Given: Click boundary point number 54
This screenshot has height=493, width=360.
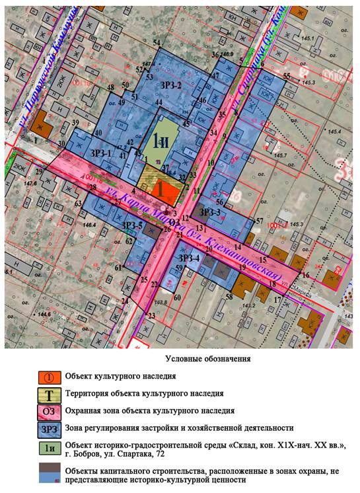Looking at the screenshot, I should coord(157,43).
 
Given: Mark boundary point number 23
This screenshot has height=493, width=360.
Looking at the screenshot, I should coord(151,316).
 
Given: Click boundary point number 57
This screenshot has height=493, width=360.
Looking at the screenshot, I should coord(260,221).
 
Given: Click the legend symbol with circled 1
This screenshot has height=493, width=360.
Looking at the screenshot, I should coord(50,377).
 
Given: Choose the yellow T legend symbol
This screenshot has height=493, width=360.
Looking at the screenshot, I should coord(50,394).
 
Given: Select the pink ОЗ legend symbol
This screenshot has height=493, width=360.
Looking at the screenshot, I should coord(50,411).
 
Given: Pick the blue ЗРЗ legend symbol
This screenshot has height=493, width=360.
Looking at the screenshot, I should coord(50,429).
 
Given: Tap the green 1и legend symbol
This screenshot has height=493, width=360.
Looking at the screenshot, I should coord(50,447).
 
